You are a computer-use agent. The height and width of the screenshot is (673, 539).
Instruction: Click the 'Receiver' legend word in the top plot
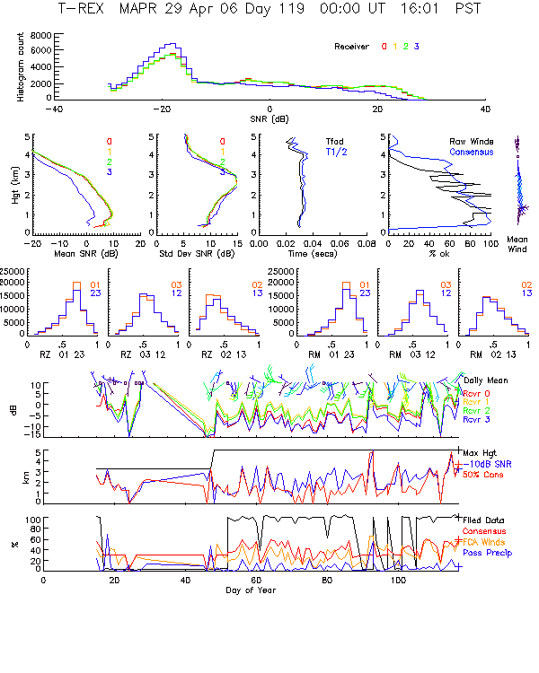click(352, 46)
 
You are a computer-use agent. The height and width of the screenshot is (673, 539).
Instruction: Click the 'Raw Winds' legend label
click(472, 141)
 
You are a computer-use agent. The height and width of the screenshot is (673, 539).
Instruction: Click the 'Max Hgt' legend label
click(478, 453)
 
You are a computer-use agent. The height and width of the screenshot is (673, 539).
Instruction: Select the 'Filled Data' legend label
click(486, 520)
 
